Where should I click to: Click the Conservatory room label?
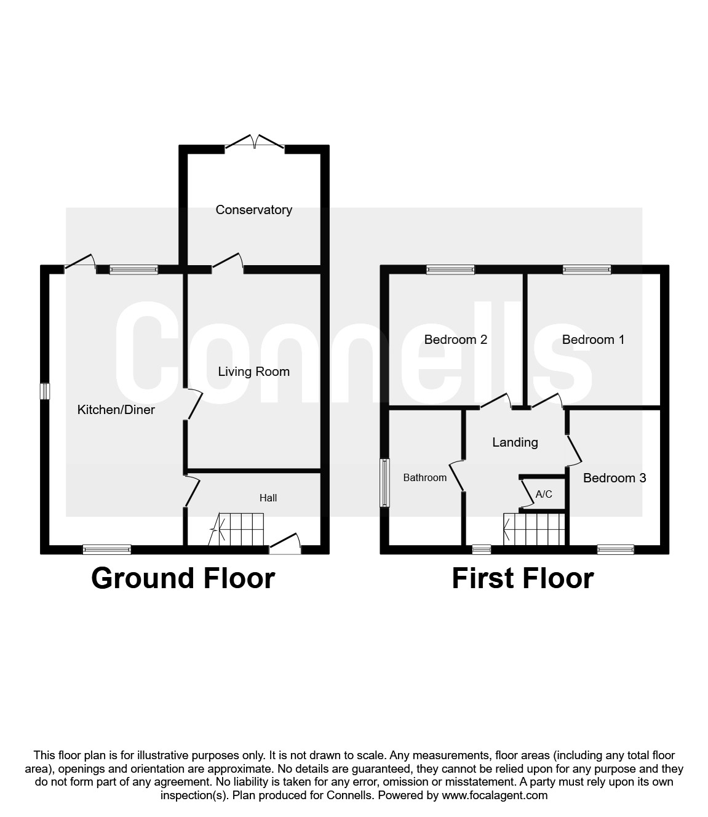(253, 210)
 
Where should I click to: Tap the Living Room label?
(253, 372)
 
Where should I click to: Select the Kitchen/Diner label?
(116, 410)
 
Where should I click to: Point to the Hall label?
(268, 498)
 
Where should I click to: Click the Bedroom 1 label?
(593, 340)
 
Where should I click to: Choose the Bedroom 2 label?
(456, 340)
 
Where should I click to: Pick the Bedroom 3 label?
(615, 478)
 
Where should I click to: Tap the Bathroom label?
(425, 477)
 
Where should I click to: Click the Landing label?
(515, 442)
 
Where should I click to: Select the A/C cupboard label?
(544, 494)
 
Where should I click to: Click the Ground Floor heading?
(183, 578)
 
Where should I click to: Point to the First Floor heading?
(523, 578)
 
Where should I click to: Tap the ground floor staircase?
(237, 530)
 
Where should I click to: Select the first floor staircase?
(534, 529)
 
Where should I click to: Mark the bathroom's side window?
(385, 483)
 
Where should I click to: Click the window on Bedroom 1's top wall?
(587, 269)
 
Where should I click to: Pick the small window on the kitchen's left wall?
(45, 391)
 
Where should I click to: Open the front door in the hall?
(285, 544)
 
